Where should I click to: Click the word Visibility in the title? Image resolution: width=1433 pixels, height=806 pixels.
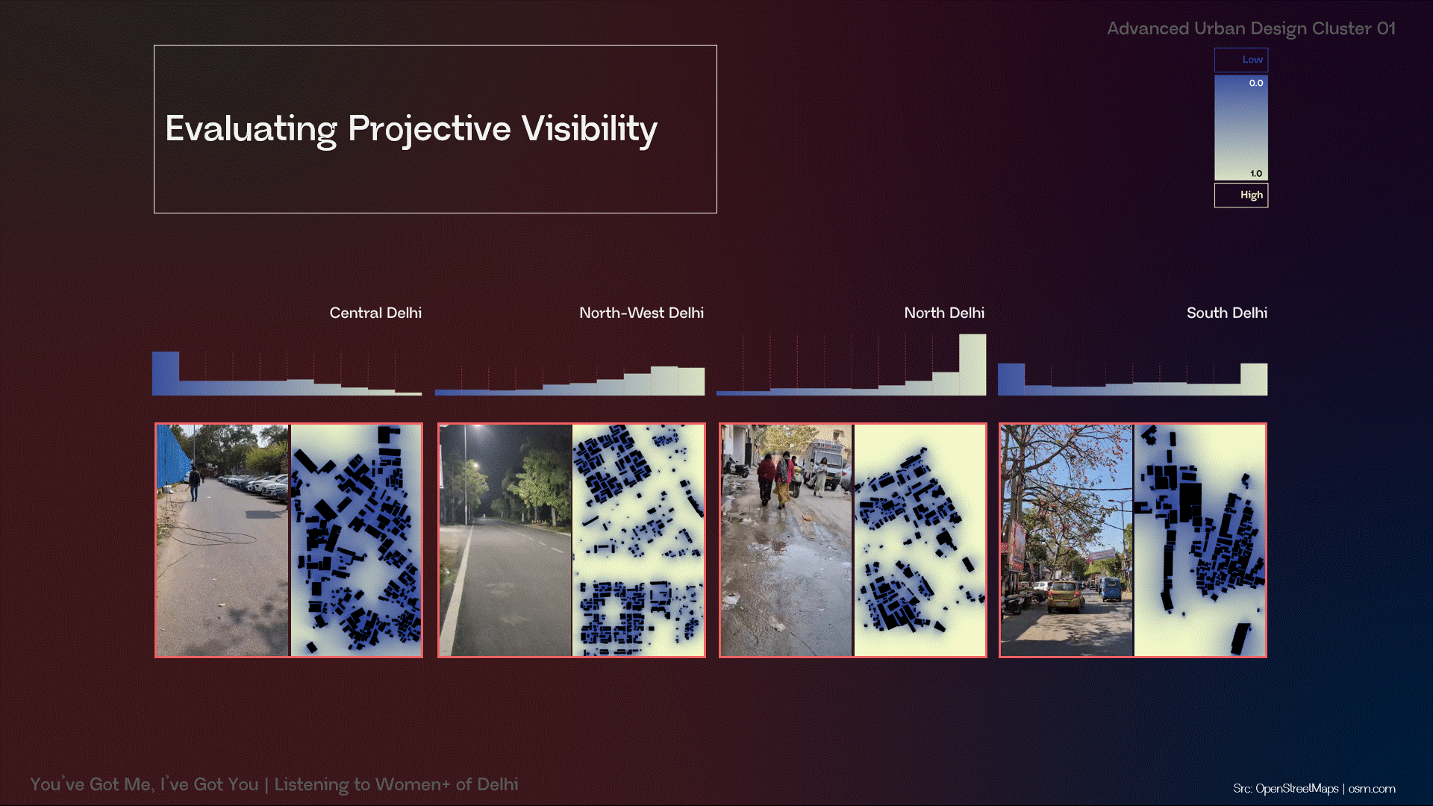pos(590,129)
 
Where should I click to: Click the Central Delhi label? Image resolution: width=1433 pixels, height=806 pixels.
pos(375,313)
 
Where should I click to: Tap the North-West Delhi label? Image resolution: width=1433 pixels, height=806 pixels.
pos(641,313)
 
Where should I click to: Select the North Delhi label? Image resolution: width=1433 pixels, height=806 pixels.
pos(944,313)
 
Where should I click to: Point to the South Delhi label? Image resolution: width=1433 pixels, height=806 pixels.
pos(1227,313)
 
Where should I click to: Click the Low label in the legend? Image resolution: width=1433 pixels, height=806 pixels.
pos(1252,60)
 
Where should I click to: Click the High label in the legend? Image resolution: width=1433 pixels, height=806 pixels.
pos(1252,195)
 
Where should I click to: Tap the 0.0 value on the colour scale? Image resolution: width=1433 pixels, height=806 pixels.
pos(1256,83)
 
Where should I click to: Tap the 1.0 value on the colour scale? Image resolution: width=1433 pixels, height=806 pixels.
pos(1256,173)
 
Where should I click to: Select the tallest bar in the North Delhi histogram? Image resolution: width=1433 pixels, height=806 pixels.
pos(972,364)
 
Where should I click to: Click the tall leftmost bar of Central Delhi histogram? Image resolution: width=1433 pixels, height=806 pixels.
pos(166,373)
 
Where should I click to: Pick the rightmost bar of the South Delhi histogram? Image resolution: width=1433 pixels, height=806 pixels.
pos(1254,379)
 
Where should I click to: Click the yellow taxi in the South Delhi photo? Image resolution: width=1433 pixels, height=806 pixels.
pos(1066,595)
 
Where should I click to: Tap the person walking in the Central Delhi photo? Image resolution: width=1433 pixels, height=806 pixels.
pos(195,483)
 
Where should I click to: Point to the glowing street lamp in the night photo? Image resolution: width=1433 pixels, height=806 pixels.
pos(474,466)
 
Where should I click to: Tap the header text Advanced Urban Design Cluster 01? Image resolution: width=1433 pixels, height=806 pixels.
pos(1251,28)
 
